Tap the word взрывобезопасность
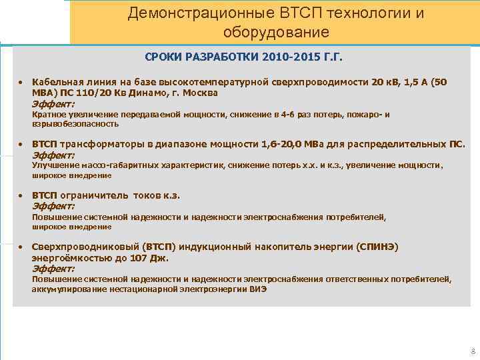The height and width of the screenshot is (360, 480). click(x=75, y=124)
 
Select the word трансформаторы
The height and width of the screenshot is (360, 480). click(x=98, y=144)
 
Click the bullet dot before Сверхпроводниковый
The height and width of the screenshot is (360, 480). click(x=21, y=247)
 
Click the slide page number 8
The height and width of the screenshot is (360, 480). click(x=472, y=351)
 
